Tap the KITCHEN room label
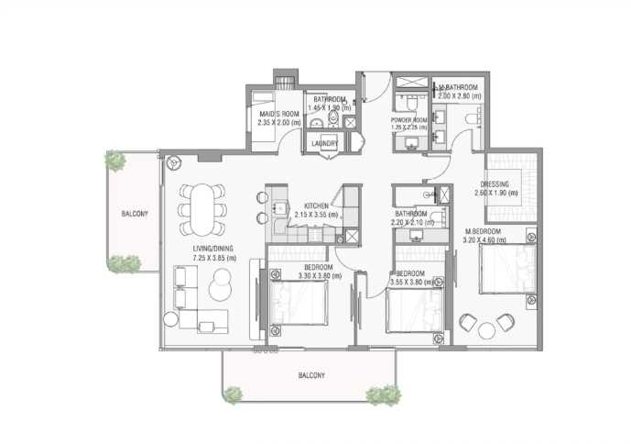coord(317,205)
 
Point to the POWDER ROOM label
coord(408,120)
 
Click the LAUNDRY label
coord(325,144)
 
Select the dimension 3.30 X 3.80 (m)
coord(310,275)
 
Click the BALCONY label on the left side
coord(136,214)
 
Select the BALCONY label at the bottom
coord(310,375)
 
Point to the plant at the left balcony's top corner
coord(115,161)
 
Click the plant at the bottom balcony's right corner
coord(384,395)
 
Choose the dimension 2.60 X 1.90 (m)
coord(496,193)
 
